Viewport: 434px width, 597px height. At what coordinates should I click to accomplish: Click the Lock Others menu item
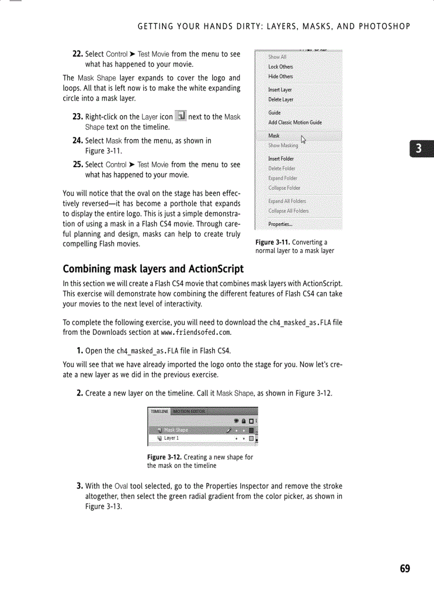pyautogui.click(x=280, y=66)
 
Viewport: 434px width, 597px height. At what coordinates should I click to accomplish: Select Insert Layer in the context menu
pyautogui.click(x=280, y=90)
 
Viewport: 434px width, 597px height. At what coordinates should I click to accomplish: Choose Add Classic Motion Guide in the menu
pyautogui.click(x=295, y=122)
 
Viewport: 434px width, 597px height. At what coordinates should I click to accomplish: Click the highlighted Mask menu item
pyautogui.click(x=274, y=136)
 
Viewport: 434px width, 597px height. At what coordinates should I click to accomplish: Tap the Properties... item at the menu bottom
pyautogui.click(x=280, y=224)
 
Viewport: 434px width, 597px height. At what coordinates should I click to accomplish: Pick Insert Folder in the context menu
pyautogui.click(x=281, y=158)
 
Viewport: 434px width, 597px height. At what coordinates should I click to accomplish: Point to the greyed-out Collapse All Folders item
pyautogui.click(x=288, y=211)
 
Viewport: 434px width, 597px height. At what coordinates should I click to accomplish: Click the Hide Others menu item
pyautogui.click(x=280, y=76)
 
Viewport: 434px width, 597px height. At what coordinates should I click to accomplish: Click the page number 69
pyautogui.click(x=405, y=569)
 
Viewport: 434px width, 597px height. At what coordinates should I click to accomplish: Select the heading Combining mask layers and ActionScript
pyautogui.click(x=153, y=268)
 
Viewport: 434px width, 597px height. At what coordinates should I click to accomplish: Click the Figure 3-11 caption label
pyautogui.click(x=272, y=242)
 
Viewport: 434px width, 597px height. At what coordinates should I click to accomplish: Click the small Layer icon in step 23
pyautogui.click(x=181, y=116)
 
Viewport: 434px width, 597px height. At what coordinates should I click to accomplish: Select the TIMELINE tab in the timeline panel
pyautogui.click(x=159, y=411)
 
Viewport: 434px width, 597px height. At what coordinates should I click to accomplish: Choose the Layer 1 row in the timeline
pyautogui.click(x=171, y=438)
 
